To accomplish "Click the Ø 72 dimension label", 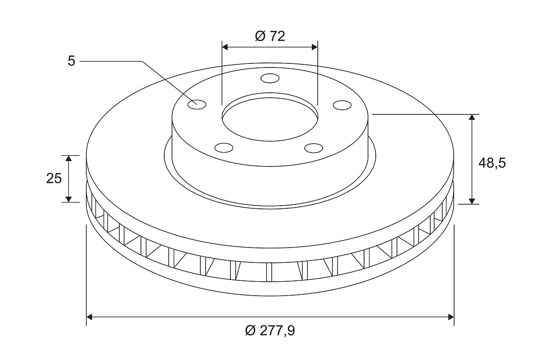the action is [270, 36].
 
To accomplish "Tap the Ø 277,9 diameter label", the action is [270, 331].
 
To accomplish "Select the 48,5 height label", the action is [492, 163].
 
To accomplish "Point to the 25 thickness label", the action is [54, 179].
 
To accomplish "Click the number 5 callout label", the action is [72, 61].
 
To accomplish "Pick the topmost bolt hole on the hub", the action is [270, 78].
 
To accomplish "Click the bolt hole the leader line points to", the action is [197, 104].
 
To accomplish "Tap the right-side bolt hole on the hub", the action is [342, 105].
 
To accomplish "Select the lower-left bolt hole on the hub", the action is [224, 148].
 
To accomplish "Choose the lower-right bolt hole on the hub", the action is [314, 148].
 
